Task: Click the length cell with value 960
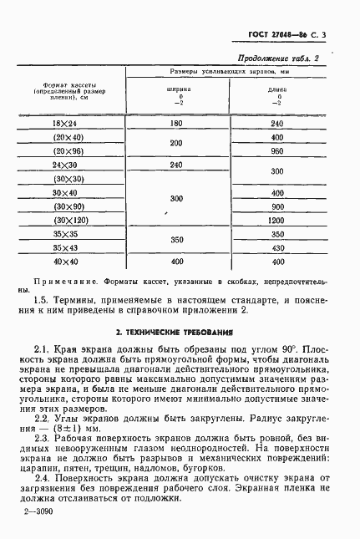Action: [278, 151]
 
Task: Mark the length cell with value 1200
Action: [278, 221]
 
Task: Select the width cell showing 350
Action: [175, 241]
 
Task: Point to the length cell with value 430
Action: [278, 248]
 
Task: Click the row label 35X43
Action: [64, 248]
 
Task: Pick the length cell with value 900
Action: [278, 206]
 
